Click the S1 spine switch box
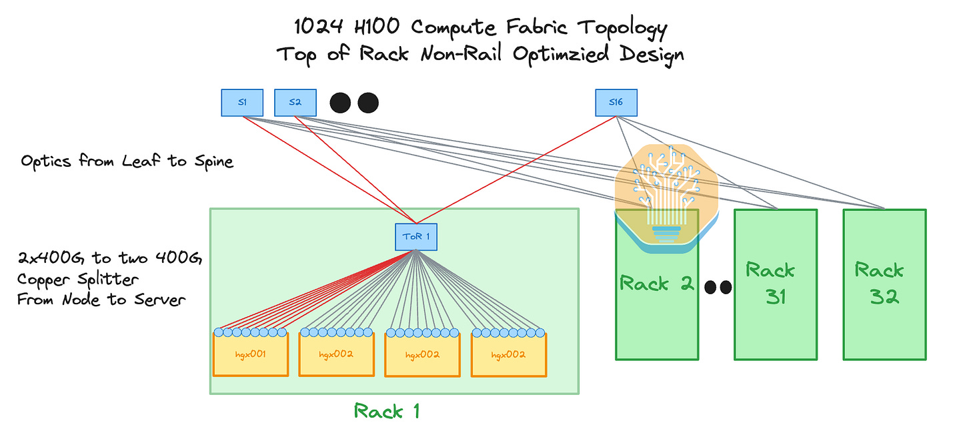(242, 103)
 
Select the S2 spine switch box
(295, 103)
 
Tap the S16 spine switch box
(616, 103)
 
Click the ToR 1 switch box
(415, 237)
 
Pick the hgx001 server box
(251, 354)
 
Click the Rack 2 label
(656, 284)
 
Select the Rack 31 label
(770, 284)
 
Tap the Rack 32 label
(880, 284)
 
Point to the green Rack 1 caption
(387, 411)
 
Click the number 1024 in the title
(319, 27)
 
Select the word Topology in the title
(622, 29)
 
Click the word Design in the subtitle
(652, 55)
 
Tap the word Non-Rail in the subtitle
(461, 54)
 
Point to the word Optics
(46, 161)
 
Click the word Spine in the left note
(213, 162)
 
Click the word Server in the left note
(159, 300)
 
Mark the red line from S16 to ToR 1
(516, 170)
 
